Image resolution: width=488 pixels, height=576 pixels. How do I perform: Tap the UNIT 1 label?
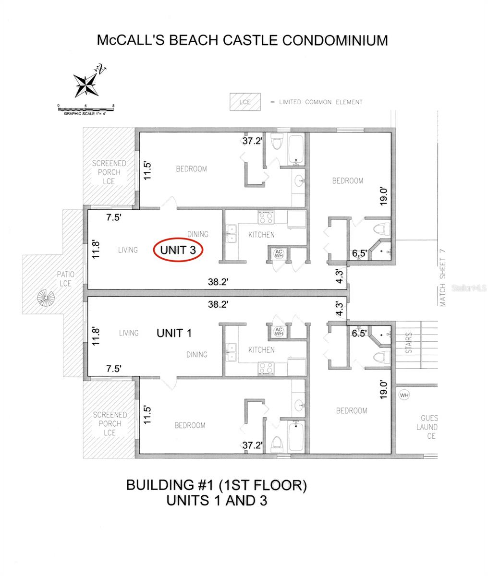pyautogui.click(x=174, y=333)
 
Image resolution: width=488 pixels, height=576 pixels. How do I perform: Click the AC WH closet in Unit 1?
pyautogui.click(x=279, y=331)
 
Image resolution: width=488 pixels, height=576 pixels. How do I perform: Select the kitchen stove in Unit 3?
pyautogui.click(x=266, y=218)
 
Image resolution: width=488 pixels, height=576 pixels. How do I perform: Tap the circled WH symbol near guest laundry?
pyautogui.click(x=404, y=395)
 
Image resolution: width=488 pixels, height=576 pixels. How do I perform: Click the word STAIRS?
pyautogui.click(x=409, y=344)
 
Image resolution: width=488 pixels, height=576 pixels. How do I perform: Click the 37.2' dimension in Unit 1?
pyautogui.click(x=252, y=445)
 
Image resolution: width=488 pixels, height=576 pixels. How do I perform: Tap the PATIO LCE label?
pyautogui.click(x=65, y=279)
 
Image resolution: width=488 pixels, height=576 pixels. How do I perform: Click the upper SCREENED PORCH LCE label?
pyautogui.click(x=109, y=172)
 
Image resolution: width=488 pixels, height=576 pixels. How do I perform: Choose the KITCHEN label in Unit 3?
pyautogui.click(x=261, y=235)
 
